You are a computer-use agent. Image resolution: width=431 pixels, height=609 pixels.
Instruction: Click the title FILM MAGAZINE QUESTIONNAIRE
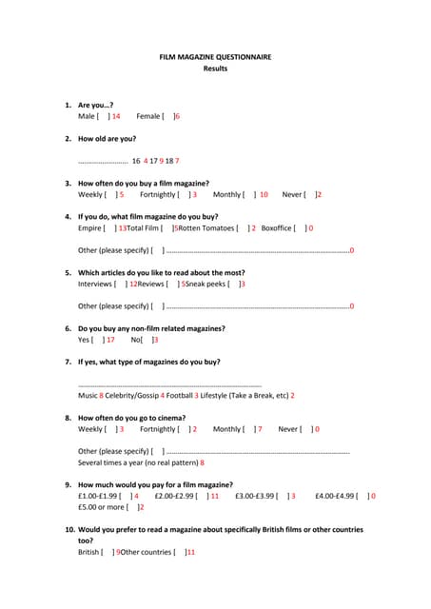pyautogui.click(x=215, y=57)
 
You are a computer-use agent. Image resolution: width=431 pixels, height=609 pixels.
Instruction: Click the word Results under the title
pyautogui.click(x=215, y=69)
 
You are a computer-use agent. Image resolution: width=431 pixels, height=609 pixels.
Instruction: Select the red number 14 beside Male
pyautogui.click(x=115, y=116)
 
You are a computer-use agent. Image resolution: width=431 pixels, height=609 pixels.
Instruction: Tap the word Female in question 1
pyautogui.click(x=148, y=116)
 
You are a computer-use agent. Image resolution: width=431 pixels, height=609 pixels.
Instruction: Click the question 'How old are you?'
pyautogui.click(x=107, y=139)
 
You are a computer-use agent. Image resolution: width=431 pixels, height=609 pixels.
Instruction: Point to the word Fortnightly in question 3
pyautogui.click(x=158, y=194)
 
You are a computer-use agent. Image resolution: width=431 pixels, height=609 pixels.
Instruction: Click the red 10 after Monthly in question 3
pyautogui.click(x=264, y=194)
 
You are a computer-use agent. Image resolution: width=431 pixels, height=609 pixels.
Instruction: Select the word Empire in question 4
pyautogui.click(x=90, y=228)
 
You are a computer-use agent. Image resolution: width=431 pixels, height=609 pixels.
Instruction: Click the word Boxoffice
pyautogui.click(x=277, y=228)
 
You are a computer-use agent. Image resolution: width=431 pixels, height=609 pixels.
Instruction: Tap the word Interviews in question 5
pyautogui.click(x=95, y=284)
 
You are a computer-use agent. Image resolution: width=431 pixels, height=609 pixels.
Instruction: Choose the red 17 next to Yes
pyautogui.click(x=110, y=340)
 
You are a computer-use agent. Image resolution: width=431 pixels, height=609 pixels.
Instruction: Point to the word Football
pyautogui.click(x=183, y=395)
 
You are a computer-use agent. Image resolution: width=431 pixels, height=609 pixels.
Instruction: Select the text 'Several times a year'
pyautogui.click(x=116, y=462)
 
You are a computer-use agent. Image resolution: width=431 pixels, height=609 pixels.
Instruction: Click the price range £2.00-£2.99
pyautogui.click(x=173, y=496)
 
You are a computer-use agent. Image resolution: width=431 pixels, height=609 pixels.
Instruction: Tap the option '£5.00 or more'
pyautogui.click(x=102, y=507)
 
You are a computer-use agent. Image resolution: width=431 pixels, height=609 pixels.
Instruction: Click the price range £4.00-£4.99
pyautogui.click(x=336, y=496)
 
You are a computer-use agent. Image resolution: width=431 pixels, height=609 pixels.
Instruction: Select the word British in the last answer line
pyautogui.click(x=90, y=552)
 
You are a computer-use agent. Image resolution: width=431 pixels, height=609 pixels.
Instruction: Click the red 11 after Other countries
pyautogui.click(x=190, y=552)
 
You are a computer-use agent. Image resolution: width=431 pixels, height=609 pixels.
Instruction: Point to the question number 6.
pyautogui.click(x=68, y=328)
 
